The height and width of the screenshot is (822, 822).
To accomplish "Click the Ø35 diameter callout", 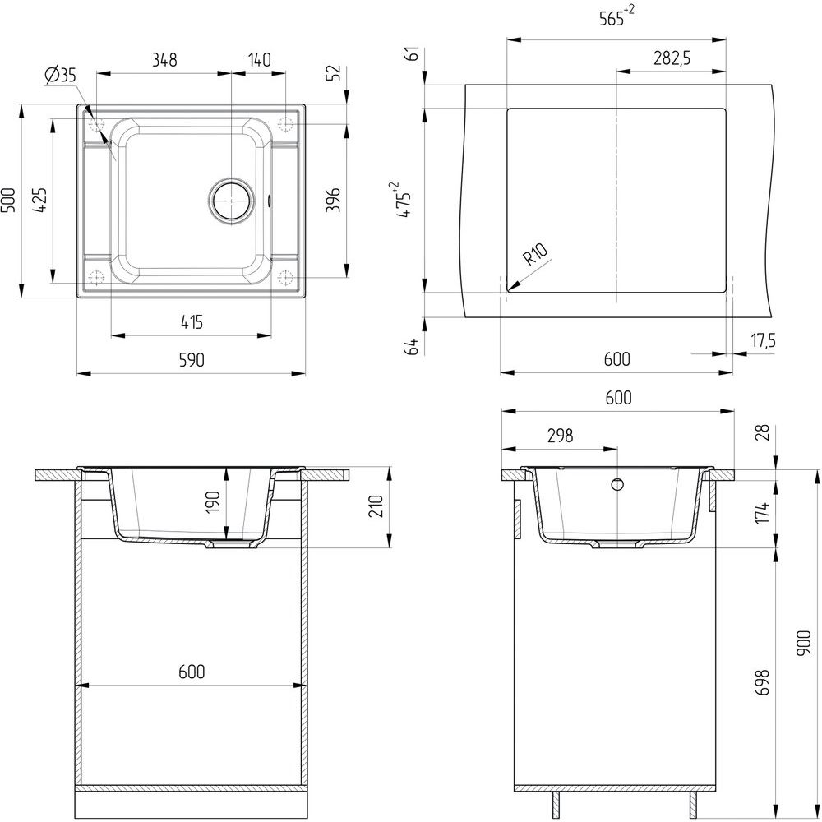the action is point(60,76).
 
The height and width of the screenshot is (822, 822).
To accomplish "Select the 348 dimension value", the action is point(164,60).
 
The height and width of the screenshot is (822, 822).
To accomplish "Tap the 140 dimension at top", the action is point(259,60).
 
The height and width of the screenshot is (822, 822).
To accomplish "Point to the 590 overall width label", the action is point(192,360).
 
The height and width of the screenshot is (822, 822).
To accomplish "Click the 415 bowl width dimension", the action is point(192,322).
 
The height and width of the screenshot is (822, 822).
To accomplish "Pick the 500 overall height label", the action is point(8,200).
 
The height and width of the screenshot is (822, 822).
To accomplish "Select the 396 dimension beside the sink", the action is point(334,200).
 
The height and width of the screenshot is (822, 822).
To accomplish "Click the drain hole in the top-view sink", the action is point(231,201).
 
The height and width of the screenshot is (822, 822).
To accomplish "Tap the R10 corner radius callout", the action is point(535,254).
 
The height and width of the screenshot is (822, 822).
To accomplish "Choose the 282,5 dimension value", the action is point(672,58).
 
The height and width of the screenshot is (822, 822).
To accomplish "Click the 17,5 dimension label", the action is point(763,341).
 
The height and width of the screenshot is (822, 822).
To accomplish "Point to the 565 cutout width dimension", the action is point(616,16).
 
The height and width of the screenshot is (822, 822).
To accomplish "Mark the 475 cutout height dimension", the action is point(403,200).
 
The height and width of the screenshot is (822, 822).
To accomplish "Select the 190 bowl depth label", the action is point(212,502).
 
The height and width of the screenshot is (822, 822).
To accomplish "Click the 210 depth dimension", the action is point(376,506).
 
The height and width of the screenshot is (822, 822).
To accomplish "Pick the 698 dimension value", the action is point(763,682).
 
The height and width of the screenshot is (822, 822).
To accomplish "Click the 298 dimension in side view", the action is point(560,436).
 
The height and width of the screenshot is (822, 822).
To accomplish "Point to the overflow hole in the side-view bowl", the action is point(617,484).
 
